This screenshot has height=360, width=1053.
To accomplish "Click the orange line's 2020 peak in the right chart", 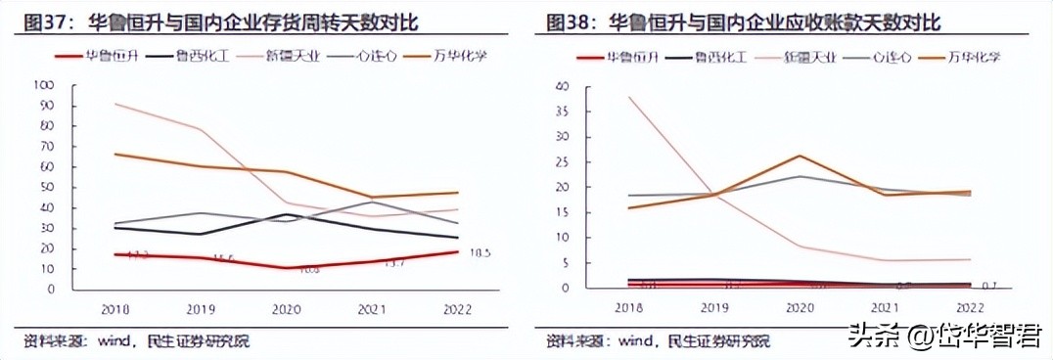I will click(x=800, y=156).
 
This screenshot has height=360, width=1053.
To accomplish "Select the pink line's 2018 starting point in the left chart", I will click(x=115, y=104).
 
